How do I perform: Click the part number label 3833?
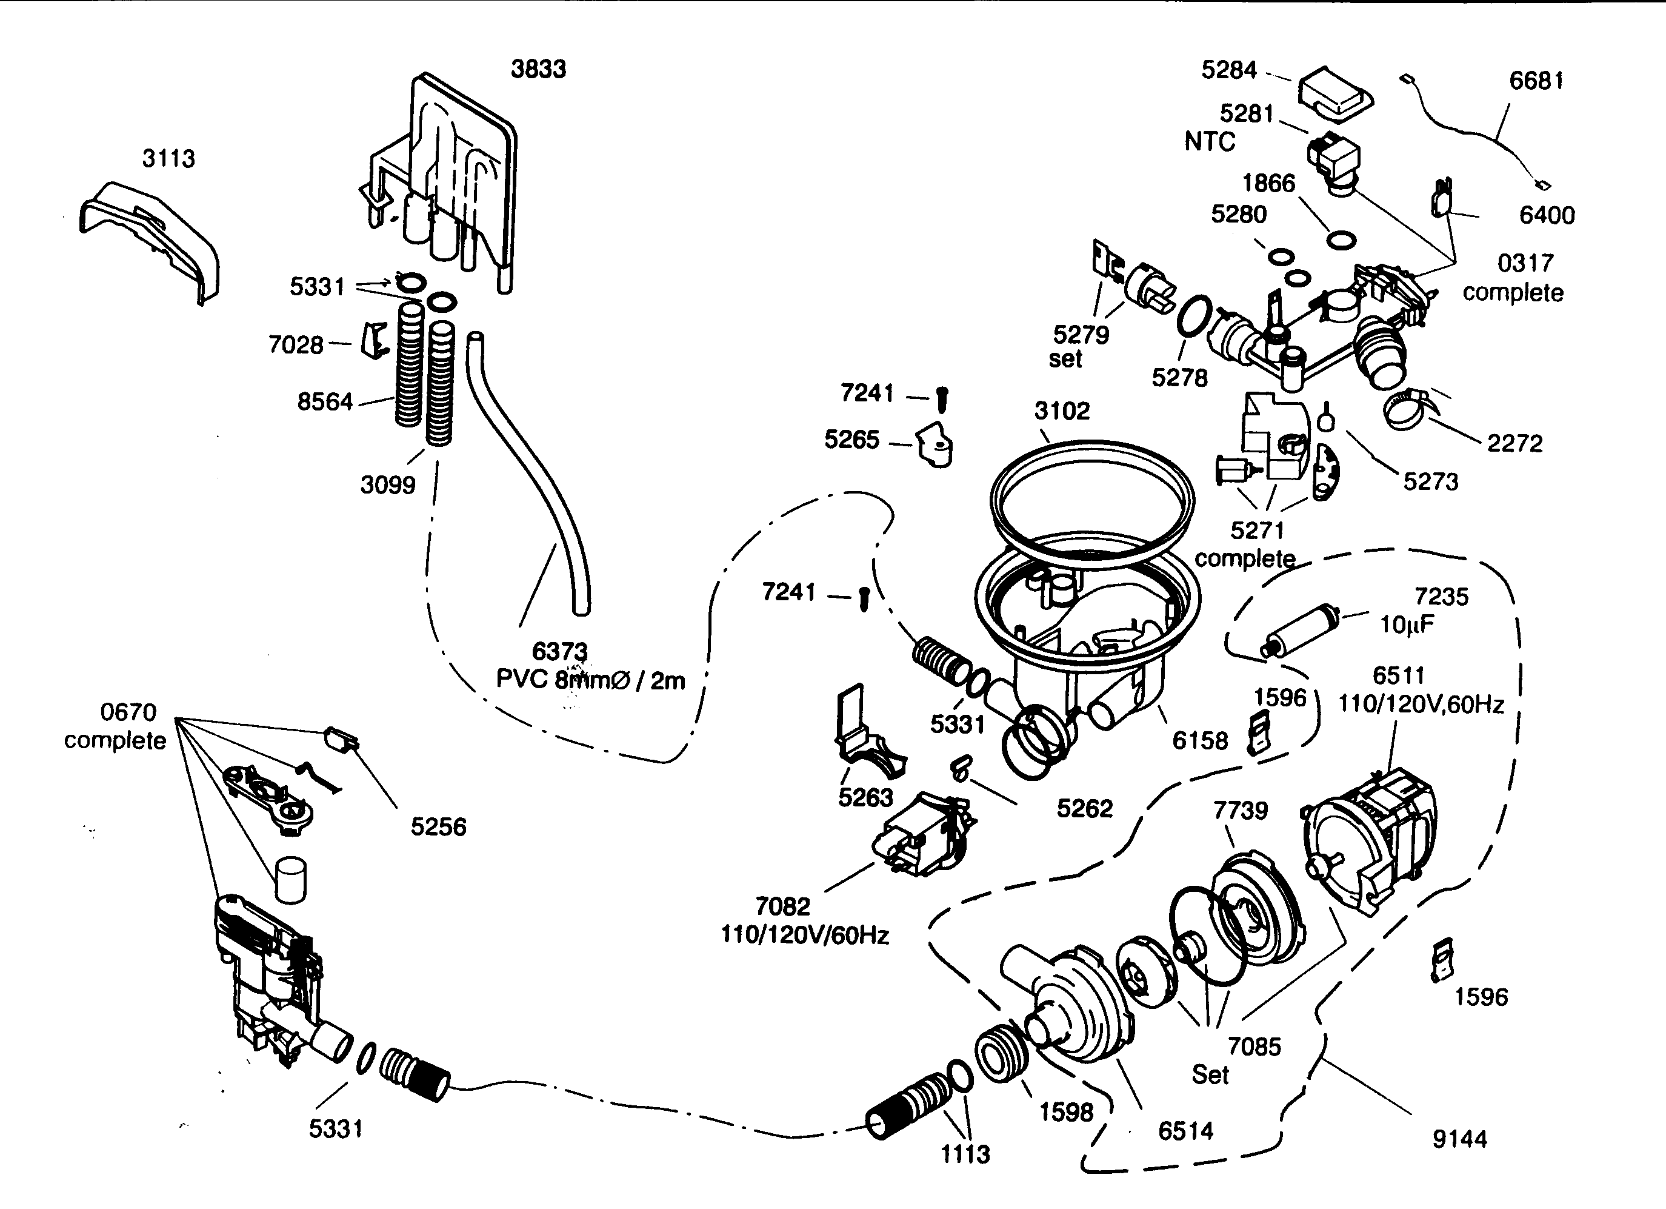(x=538, y=69)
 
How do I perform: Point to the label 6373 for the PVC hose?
(x=560, y=651)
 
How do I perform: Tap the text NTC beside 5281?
(x=1209, y=141)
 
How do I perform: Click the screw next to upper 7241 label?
(x=943, y=399)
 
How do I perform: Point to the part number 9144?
(x=1459, y=1139)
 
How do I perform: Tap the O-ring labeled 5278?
(x=1195, y=316)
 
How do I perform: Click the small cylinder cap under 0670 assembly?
(x=290, y=879)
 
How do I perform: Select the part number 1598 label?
(x=1066, y=1112)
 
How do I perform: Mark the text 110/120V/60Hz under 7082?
(x=804, y=935)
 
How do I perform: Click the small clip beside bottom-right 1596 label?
(x=1443, y=959)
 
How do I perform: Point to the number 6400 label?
(x=1546, y=215)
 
